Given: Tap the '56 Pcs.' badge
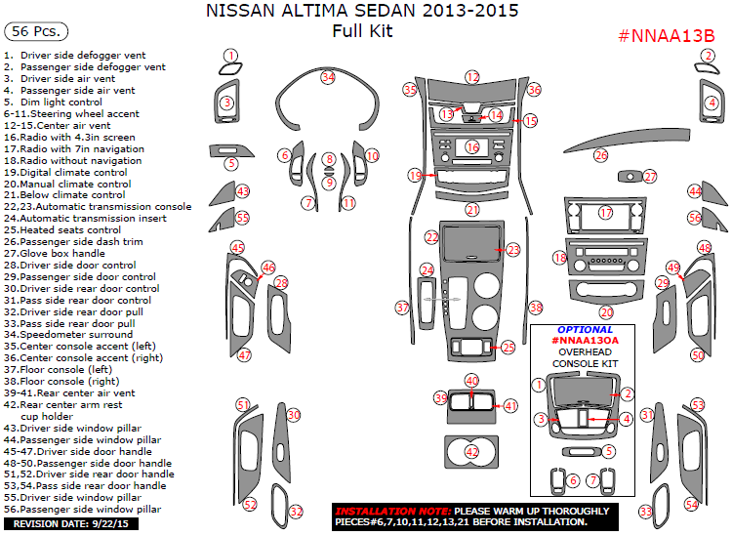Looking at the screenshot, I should pos(34,32).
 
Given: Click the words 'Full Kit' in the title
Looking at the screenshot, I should pos(362,31).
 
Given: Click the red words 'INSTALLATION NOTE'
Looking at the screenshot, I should pos(390,511).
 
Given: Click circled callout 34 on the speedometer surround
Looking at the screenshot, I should pos(329,77).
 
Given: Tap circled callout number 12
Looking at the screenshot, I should pos(472,76).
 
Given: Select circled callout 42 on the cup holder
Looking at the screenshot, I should pos(472,452).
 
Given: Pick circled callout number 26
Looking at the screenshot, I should pos(601,155).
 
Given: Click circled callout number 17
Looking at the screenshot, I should pos(606,213).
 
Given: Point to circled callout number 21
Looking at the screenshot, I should pos(472,210).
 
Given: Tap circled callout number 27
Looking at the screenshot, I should pos(650,177).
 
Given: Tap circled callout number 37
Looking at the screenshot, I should pos(401,308).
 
